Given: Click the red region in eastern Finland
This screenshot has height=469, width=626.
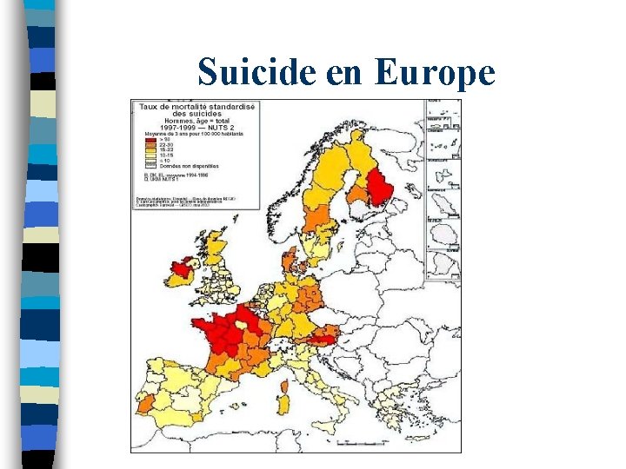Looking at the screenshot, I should (380, 188).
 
